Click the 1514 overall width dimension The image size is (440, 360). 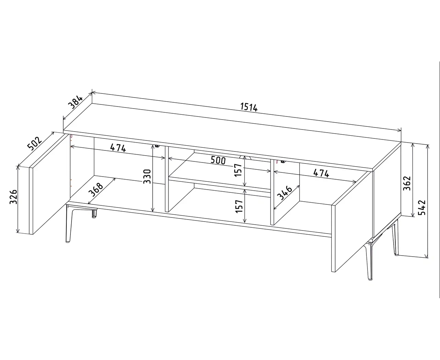(x=249, y=107)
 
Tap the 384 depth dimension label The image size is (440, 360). (x=76, y=102)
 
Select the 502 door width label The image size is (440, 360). (x=35, y=143)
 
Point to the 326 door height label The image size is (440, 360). (x=13, y=197)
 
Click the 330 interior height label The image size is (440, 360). (x=147, y=177)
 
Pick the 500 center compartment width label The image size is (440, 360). (x=218, y=160)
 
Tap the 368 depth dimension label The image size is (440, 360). (x=96, y=190)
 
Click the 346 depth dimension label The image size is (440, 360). (x=285, y=193)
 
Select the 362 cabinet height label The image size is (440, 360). (x=407, y=183)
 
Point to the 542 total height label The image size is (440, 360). (x=422, y=207)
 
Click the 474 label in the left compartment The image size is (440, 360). (x=118, y=148)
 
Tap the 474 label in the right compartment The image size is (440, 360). (x=321, y=173)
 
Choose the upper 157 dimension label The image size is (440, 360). (x=238, y=170)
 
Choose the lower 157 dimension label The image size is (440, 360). (x=239, y=206)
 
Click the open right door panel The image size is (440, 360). (x=352, y=221)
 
